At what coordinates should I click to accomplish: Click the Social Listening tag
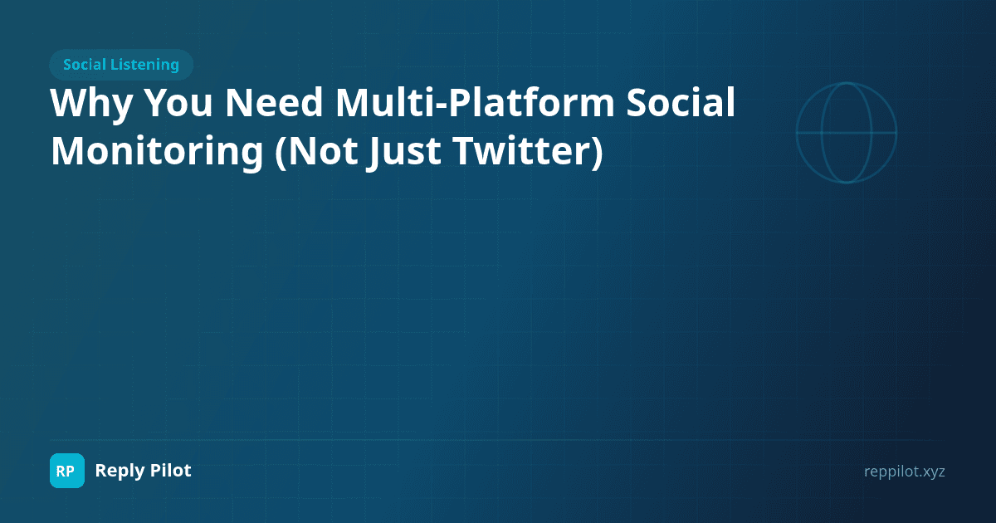pyautogui.click(x=121, y=65)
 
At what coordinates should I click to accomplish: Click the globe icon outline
pyautogui.click(x=847, y=132)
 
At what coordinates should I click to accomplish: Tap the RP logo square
pyautogui.click(x=67, y=471)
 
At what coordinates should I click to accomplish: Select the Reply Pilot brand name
pyautogui.click(x=143, y=471)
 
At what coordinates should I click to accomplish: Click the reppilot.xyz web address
pyautogui.click(x=904, y=472)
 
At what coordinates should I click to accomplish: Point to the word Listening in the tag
pyautogui.click(x=149, y=65)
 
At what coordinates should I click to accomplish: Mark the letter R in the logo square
pyautogui.click(x=61, y=472)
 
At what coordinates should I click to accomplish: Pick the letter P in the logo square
pyautogui.click(x=72, y=472)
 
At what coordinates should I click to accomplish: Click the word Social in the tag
pyautogui.click(x=87, y=65)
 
